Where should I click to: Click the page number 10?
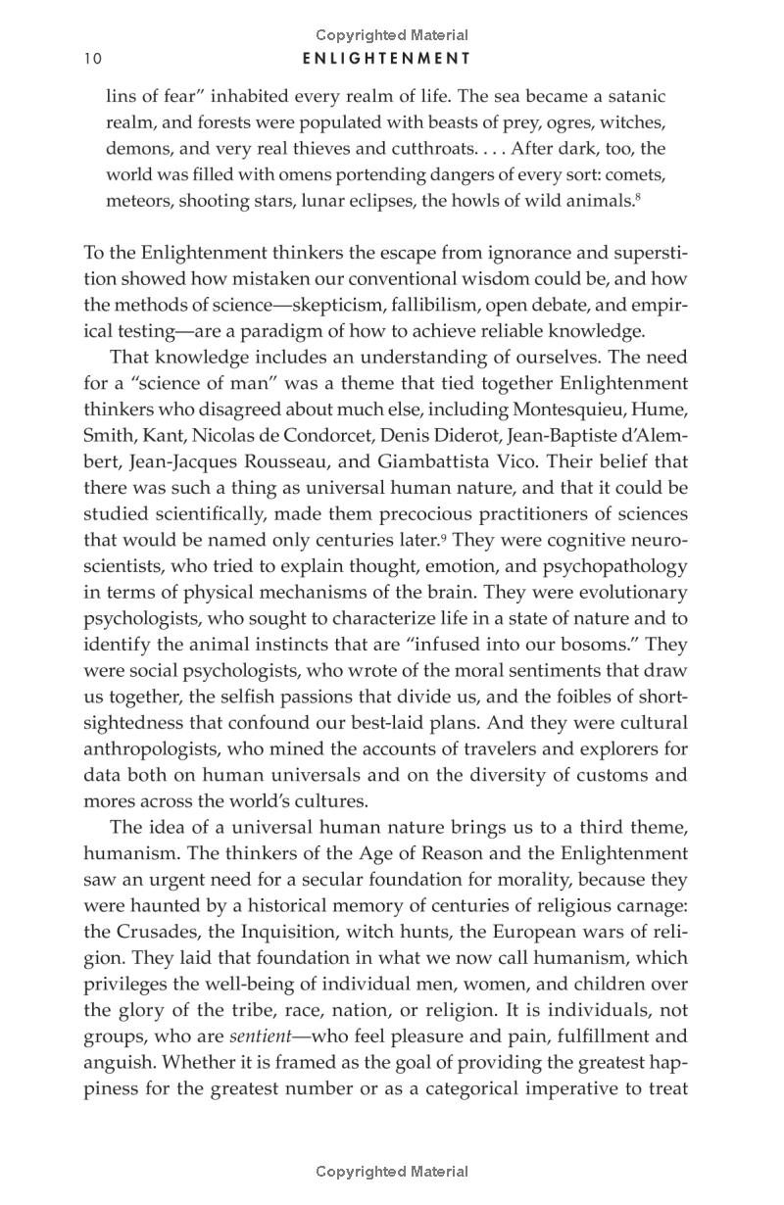click(x=93, y=59)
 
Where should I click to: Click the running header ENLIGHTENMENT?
click(x=387, y=59)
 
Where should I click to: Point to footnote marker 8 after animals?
click(x=638, y=197)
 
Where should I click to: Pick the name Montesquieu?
click(x=576, y=410)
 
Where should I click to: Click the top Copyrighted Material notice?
click(x=392, y=35)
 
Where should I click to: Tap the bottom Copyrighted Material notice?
click(x=392, y=1171)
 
